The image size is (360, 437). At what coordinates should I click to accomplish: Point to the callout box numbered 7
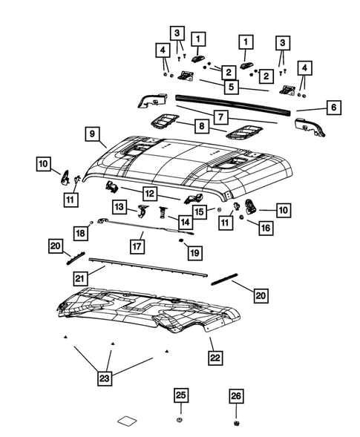click(221, 116)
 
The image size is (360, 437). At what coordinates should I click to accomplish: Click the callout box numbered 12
click(150, 193)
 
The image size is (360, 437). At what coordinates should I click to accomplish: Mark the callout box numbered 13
click(119, 206)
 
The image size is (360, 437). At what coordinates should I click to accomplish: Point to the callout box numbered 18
click(80, 234)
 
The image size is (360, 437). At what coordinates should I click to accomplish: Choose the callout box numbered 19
click(194, 254)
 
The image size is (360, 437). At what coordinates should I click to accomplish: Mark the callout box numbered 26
click(236, 396)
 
